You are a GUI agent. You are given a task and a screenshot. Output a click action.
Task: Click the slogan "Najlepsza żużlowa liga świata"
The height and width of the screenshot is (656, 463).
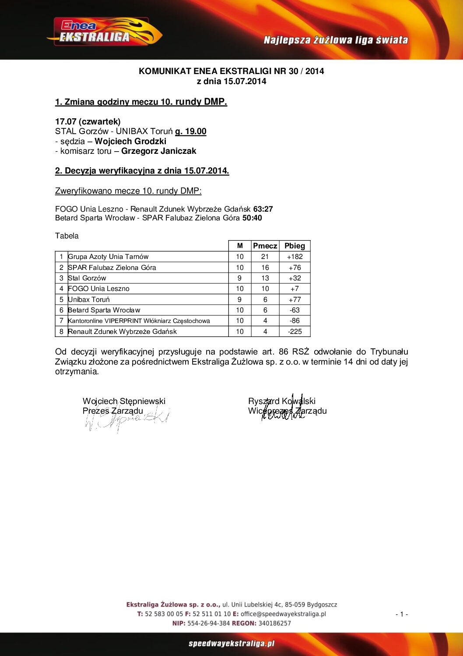[336, 40]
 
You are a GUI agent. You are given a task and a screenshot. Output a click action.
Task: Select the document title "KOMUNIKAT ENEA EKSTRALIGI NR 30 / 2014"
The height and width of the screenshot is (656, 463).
[231, 71]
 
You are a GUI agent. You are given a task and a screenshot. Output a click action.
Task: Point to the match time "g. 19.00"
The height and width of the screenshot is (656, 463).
[191, 131]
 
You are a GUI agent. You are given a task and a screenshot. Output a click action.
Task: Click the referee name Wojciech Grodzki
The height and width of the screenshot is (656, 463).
[130, 141]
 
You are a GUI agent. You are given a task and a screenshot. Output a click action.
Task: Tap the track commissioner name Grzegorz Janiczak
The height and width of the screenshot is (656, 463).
[158, 151]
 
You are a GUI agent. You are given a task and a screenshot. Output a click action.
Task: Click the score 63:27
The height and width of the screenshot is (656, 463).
[263, 209]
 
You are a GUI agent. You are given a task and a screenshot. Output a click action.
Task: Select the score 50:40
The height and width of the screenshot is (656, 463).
[252, 218]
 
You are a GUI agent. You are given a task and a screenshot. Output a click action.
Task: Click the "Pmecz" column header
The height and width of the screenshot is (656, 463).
[265, 246]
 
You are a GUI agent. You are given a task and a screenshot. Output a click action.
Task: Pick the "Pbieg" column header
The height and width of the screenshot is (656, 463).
[295, 246]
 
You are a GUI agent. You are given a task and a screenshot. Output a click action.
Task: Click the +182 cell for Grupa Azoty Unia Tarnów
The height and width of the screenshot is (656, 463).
[295, 257]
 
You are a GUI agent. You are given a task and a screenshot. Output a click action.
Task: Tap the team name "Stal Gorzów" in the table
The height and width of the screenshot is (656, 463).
[87, 278]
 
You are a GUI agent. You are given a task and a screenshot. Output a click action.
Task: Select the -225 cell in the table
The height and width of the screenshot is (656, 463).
[295, 332]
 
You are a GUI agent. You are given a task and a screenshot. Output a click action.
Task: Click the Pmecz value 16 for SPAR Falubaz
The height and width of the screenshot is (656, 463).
[265, 268]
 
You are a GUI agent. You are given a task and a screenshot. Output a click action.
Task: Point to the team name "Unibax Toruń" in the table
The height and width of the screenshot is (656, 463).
[89, 300]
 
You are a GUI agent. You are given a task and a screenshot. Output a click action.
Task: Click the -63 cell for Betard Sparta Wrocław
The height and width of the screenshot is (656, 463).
[295, 310]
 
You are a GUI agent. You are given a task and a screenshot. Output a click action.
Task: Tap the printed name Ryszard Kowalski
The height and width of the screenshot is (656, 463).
[282, 401]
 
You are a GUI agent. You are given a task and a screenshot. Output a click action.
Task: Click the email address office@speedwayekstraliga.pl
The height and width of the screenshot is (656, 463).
[283, 614]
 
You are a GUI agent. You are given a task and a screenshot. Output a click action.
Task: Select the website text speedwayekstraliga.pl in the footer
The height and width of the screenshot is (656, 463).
[231, 644]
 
